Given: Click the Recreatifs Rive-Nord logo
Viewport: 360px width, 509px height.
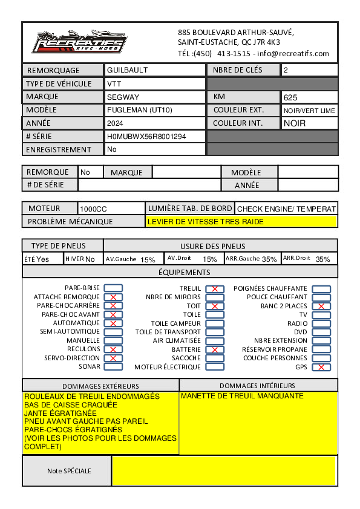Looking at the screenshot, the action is coord(79,42).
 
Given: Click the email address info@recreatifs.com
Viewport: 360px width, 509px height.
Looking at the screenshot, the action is coord(293,53).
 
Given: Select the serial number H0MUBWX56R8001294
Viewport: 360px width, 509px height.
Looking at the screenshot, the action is coord(146,137).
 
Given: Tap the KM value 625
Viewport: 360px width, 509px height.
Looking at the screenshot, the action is coord(290,97).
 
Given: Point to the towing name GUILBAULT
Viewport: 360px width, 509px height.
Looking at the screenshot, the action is coord(127,70).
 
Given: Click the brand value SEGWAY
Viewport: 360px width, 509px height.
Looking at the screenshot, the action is coord(123,97).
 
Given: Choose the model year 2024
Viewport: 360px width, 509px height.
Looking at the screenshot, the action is coord(115,123).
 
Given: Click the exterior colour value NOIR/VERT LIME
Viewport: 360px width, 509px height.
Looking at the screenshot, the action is coord(309,111).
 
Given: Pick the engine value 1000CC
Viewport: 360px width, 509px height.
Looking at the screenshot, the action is coord(94,209).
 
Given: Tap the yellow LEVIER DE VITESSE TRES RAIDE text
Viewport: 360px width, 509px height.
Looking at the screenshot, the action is coord(206,222).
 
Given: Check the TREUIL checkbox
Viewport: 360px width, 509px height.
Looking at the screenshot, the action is coord(215,289).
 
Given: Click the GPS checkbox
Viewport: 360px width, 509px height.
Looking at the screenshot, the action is coord(321,367).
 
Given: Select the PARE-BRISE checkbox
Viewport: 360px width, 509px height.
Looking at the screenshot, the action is coord(113,288).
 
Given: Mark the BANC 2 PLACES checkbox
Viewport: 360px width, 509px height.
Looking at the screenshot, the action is coord(321,306).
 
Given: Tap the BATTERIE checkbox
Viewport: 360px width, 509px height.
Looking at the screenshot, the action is coord(215,349).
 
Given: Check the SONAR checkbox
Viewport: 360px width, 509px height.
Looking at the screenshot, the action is coord(113,366).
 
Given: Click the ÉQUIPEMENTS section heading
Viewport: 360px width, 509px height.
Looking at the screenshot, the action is coord(180,272).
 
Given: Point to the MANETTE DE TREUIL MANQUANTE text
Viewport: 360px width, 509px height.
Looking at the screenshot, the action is coord(242,396).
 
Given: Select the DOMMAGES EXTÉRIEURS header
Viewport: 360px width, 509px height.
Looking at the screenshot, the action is coord(100,386).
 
